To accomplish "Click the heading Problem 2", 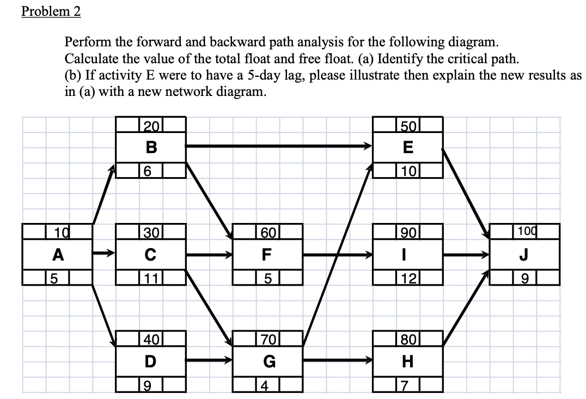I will (51, 12).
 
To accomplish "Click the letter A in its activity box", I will (57, 254).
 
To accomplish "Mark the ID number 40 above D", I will (151, 340).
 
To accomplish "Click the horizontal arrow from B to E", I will (278, 146).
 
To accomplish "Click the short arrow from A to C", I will (104, 253).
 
